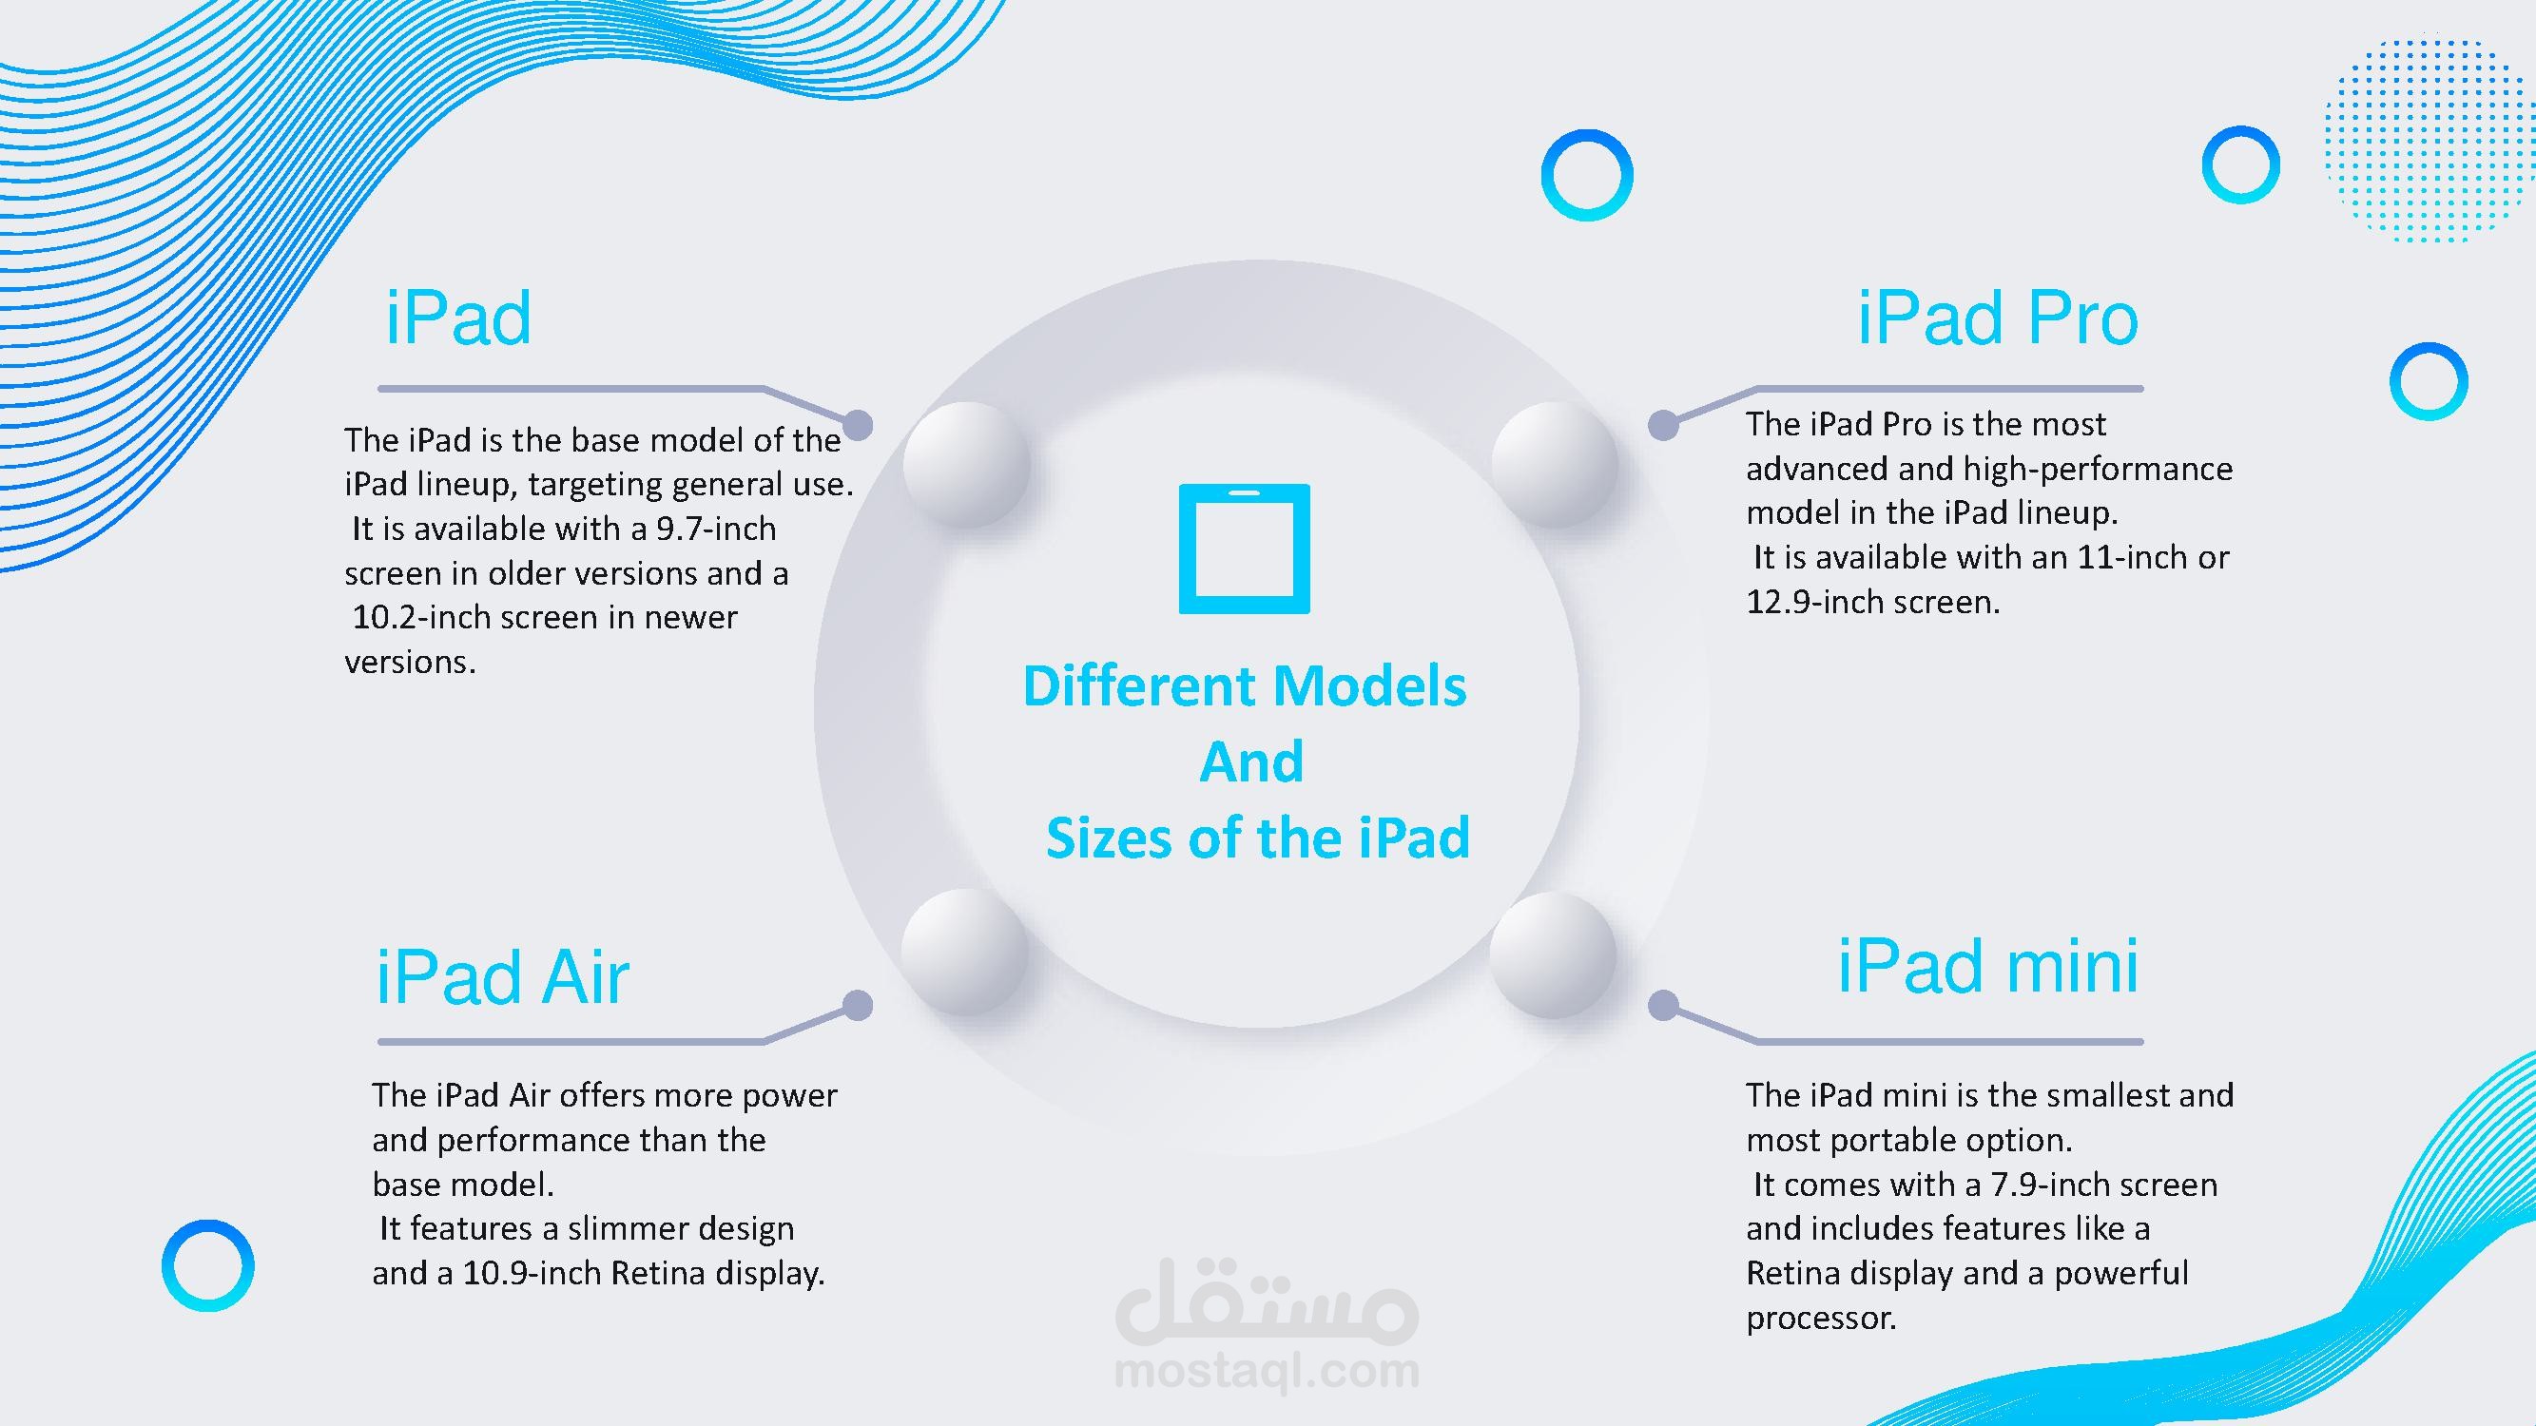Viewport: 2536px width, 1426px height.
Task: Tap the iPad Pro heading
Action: tap(1998, 318)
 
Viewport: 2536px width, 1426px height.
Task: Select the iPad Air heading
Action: tap(502, 977)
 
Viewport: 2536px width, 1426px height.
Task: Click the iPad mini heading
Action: tap(1987, 966)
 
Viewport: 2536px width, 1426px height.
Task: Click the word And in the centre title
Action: tap(1251, 761)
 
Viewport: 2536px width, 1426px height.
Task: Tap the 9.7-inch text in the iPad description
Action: tap(716, 529)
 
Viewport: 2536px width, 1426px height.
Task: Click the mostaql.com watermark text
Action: tap(1267, 1371)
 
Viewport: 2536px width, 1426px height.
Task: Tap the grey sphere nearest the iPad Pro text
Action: tap(1555, 464)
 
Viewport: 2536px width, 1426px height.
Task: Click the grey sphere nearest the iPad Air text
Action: tap(966, 952)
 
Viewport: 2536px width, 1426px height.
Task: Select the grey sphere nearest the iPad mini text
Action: tap(1553, 954)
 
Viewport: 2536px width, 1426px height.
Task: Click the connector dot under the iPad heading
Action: tap(858, 425)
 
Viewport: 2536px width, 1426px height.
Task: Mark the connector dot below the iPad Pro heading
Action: tap(1664, 425)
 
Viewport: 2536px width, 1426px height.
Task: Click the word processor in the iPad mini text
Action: tap(1821, 1319)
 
